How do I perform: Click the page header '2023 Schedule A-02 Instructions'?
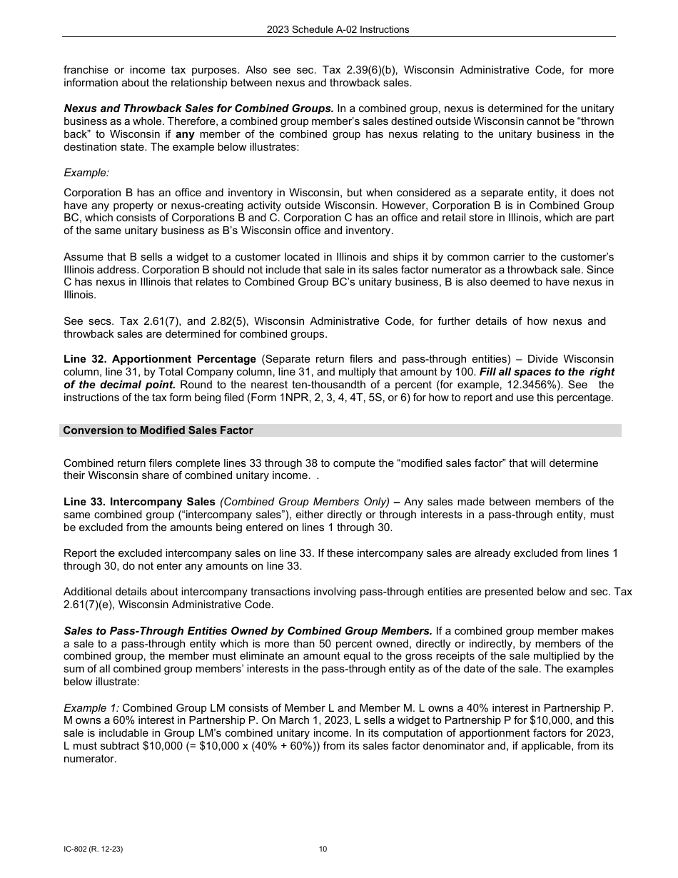pyautogui.click(x=338, y=29)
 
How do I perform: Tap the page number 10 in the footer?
pyautogui.click(x=323, y=849)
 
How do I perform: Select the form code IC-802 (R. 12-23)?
pyautogui.click(x=88, y=849)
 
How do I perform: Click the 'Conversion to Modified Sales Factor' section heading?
pyautogui.click(x=158, y=430)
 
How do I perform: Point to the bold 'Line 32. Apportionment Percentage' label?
pyautogui.click(x=160, y=358)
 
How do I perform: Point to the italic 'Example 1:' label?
pyautogui.click(x=91, y=707)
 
